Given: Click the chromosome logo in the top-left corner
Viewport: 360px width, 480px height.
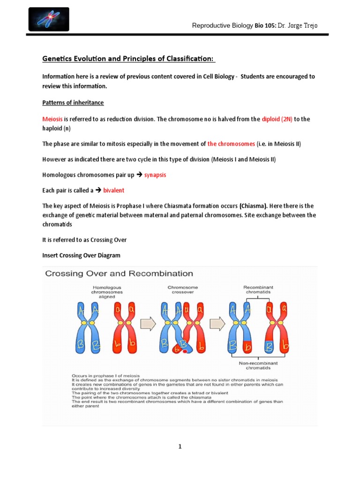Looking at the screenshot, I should click(x=48, y=19).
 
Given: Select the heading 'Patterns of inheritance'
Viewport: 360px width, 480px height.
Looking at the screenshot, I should click(x=73, y=103).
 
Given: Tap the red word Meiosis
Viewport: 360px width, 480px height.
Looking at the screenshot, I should click(x=52, y=119).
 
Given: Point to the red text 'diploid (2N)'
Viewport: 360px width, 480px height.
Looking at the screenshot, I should click(x=277, y=119).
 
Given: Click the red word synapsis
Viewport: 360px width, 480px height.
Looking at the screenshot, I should click(x=155, y=175).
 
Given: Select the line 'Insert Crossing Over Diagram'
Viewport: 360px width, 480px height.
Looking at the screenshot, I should click(x=82, y=255).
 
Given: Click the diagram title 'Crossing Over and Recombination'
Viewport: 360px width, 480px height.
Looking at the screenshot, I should click(x=119, y=273).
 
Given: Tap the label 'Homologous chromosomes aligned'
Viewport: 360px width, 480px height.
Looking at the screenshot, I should click(x=107, y=291).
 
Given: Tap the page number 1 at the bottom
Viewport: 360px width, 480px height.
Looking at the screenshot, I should click(x=180, y=447).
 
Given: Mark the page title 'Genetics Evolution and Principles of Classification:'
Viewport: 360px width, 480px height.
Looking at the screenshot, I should click(x=128, y=58).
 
